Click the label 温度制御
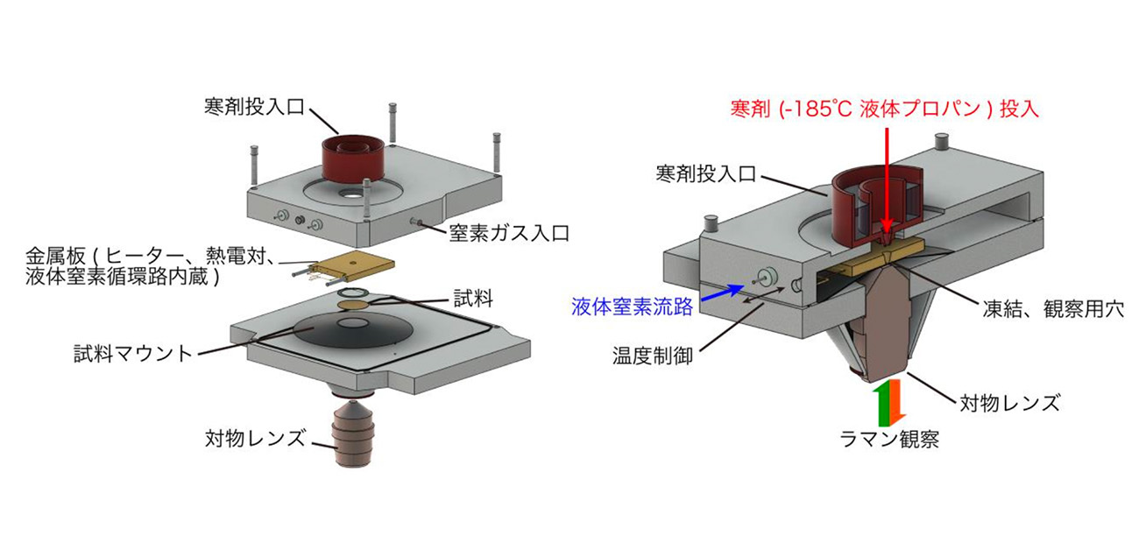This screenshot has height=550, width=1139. pyautogui.click(x=654, y=357)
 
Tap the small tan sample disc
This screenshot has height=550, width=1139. pyautogui.click(x=353, y=304)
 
